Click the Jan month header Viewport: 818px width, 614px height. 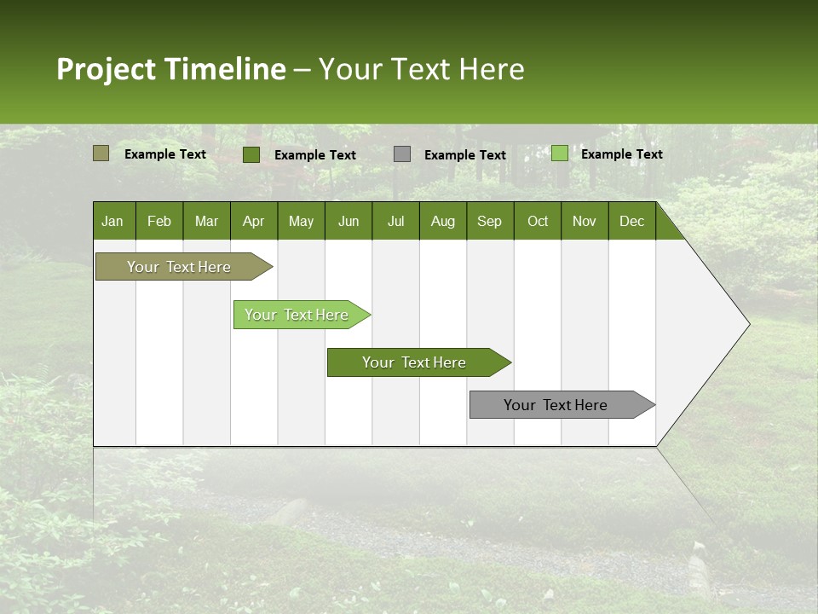click(x=113, y=221)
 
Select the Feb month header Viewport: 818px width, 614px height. click(x=159, y=221)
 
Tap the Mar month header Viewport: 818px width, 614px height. click(x=206, y=221)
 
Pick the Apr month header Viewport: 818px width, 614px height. click(x=254, y=221)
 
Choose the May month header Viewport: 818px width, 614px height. click(x=301, y=221)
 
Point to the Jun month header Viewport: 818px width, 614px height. click(x=349, y=221)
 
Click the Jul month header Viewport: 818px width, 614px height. click(x=395, y=221)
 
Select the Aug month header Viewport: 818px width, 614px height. click(x=443, y=221)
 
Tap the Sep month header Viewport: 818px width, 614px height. click(x=490, y=221)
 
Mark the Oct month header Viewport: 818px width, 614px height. click(x=538, y=221)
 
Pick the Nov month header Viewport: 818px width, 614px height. click(x=585, y=221)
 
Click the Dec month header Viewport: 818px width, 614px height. click(x=632, y=221)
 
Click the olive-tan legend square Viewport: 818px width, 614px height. click(x=101, y=153)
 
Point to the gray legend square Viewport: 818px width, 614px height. click(x=402, y=153)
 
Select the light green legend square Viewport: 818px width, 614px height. click(x=559, y=153)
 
